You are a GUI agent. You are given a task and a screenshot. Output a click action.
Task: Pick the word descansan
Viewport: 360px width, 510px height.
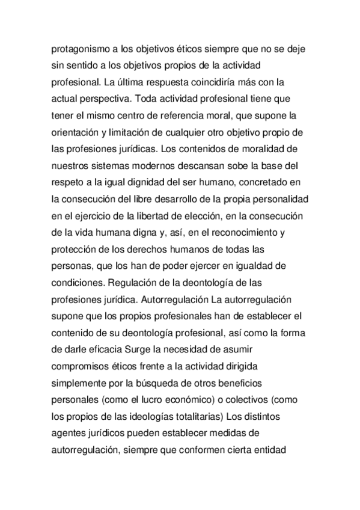click(x=208, y=163)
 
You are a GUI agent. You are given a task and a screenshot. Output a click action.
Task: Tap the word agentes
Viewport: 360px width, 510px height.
click(x=69, y=432)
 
